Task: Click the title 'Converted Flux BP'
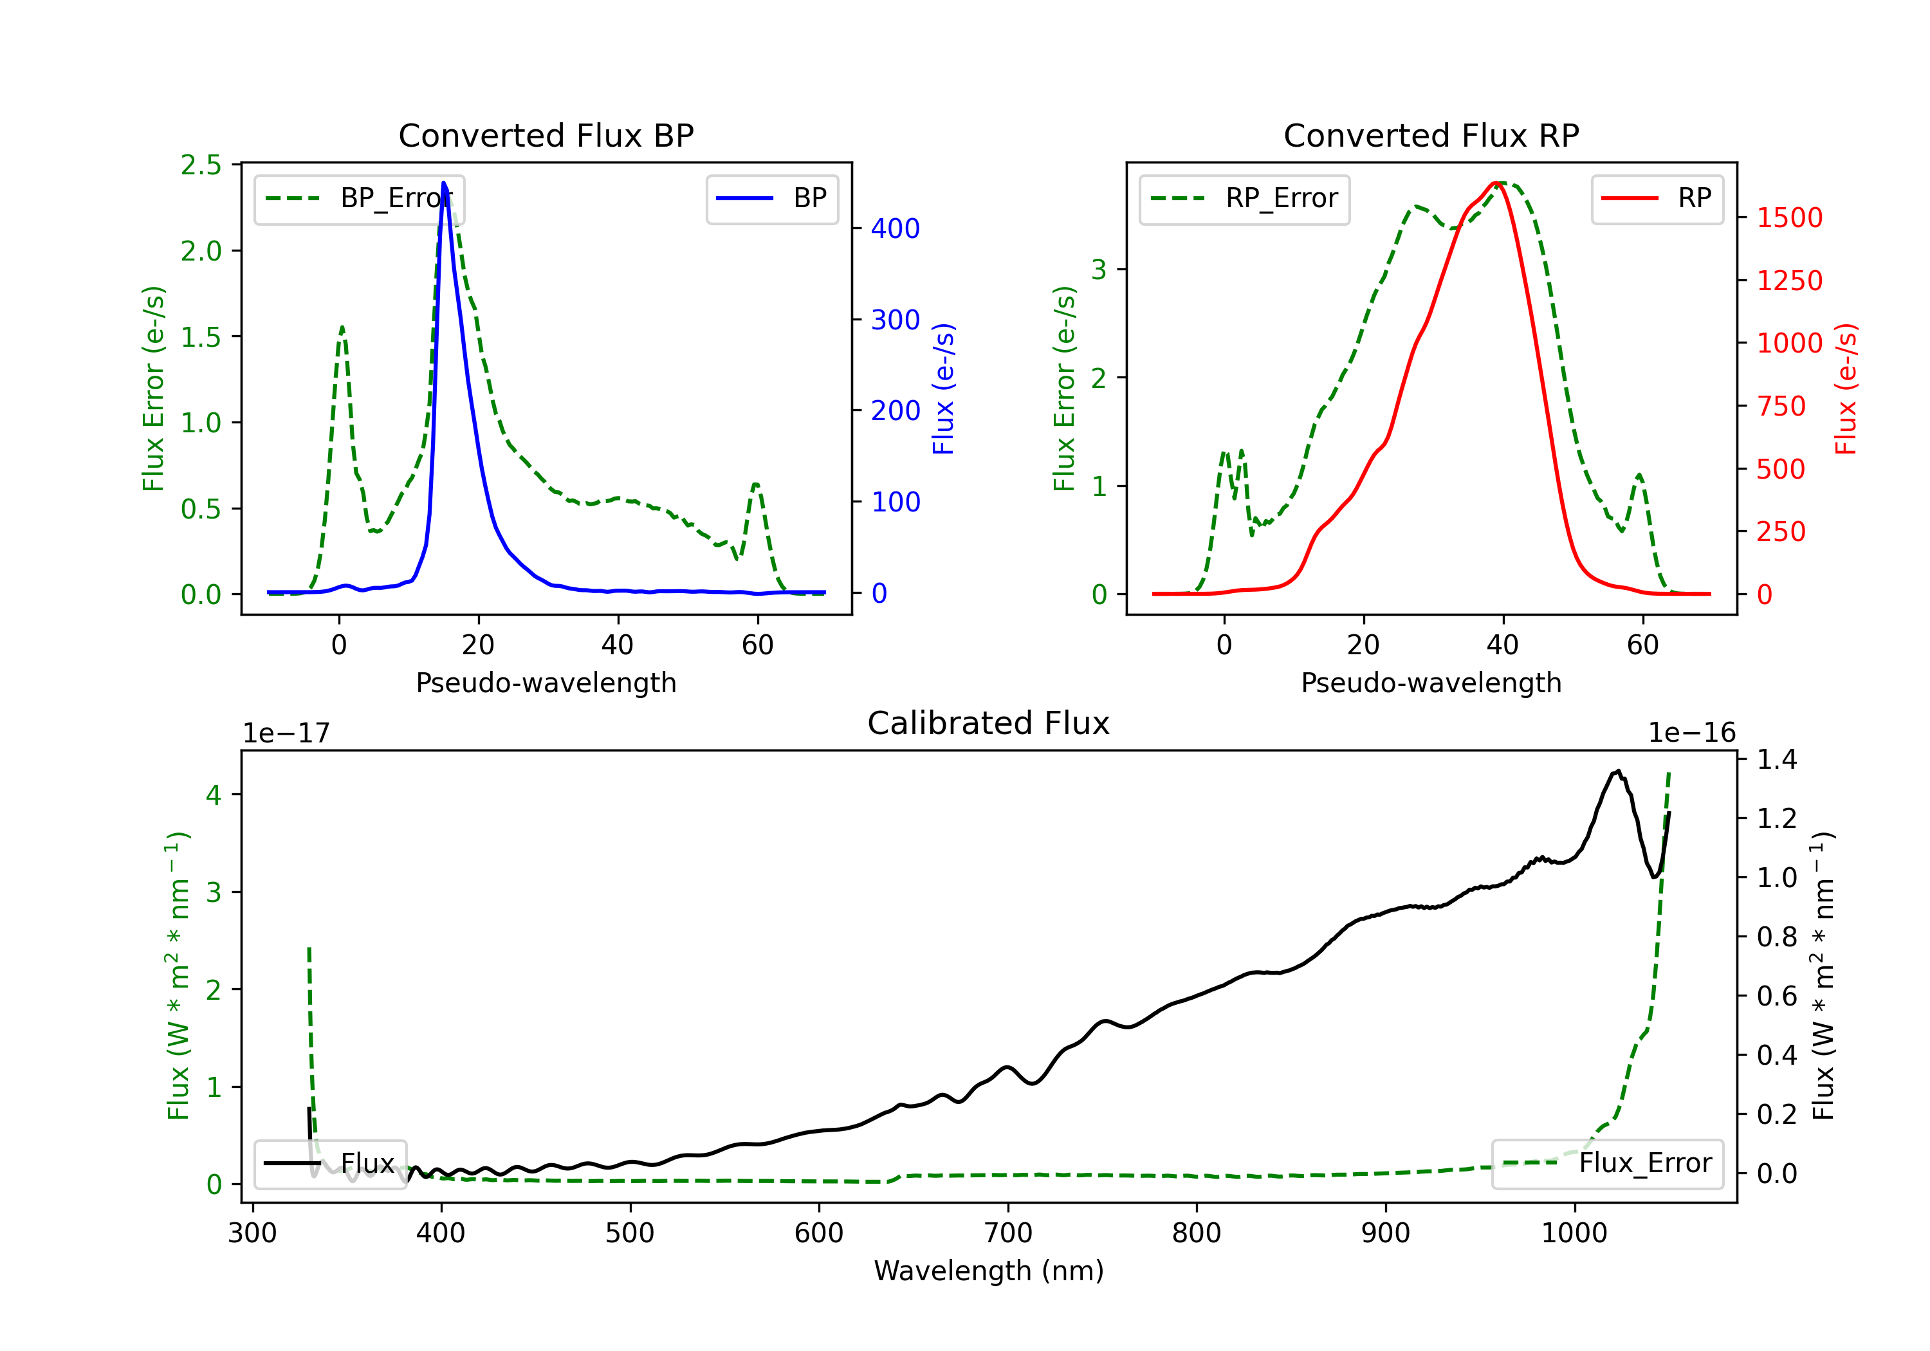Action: [x=546, y=135]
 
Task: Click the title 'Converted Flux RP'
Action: [x=1431, y=135]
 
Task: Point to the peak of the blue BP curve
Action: [x=444, y=183]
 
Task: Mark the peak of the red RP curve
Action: [x=1497, y=183]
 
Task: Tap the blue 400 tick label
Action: [x=896, y=228]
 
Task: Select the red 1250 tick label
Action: [x=1790, y=280]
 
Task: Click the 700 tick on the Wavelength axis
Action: [x=1008, y=1233]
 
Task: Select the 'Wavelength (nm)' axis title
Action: [x=989, y=1271]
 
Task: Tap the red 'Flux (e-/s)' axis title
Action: [x=1845, y=389]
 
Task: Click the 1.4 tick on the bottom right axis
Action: [x=1776, y=759]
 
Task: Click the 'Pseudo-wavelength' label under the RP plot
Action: [x=1431, y=683]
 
